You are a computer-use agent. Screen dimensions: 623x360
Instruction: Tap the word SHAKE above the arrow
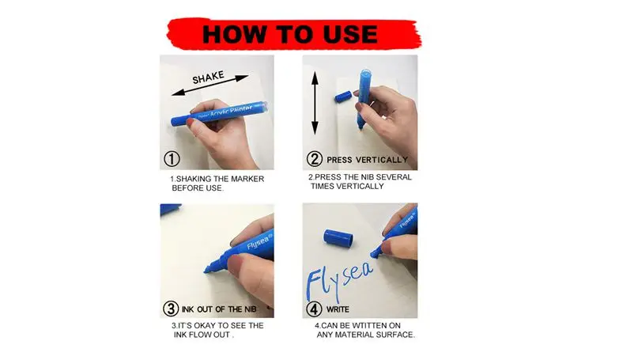click(x=208, y=78)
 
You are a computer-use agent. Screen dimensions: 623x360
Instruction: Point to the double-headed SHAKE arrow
click(x=210, y=85)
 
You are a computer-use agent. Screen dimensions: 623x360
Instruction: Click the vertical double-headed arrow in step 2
click(x=315, y=103)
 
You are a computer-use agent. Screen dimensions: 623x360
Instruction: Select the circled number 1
click(x=172, y=159)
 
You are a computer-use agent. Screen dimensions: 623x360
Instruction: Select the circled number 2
click(x=315, y=159)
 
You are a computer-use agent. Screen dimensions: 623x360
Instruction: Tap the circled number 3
click(x=171, y=309)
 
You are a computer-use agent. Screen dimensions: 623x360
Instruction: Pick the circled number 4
click(x=314, y=309)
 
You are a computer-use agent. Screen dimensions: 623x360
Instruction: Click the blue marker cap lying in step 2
click(x=343, y=97)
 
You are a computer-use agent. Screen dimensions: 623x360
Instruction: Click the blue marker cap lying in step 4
click(x=338, y=237)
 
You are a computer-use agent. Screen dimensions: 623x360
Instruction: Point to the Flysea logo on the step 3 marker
click(x=259, y=241)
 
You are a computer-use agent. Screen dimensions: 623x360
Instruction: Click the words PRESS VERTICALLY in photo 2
click(x=367, y=160)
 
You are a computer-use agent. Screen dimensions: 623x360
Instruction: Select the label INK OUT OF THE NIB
click(x=219, y=309)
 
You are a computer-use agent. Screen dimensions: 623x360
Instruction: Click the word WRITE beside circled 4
click(x=338, y=309)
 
